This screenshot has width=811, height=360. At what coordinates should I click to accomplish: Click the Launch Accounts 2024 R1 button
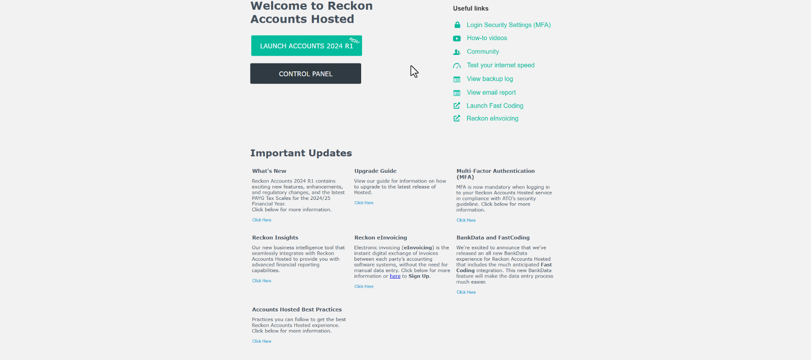click(306, 46)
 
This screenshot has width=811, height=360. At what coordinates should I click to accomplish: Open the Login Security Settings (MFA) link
click(508, 25)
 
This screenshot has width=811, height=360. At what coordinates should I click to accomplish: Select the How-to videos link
click(487, 38)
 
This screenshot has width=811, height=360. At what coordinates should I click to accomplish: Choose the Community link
click(483, 52)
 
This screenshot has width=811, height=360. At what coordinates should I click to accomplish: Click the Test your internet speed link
click(501, 65)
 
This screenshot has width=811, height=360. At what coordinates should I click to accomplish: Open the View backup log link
click(490, 79)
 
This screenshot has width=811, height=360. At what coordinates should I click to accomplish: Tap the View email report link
click(491, 93)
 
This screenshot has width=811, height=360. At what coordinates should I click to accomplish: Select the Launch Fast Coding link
click(495, 106)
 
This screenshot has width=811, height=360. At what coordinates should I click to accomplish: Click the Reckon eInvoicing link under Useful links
click(492, 119)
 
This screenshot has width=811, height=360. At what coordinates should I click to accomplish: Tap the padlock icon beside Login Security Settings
click(457, 25)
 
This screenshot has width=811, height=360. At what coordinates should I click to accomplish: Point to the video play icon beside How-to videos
click(457, 38)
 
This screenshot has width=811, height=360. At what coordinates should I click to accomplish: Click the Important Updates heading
click(301, 153)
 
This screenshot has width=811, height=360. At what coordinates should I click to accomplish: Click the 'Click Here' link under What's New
click(261, 220)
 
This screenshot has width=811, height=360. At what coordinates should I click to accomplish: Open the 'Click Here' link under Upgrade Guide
click(364, 203)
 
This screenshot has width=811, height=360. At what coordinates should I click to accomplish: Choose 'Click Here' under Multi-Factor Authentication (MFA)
click(466, 220)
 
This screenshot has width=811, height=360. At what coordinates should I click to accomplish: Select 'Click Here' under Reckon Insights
click(261, 281)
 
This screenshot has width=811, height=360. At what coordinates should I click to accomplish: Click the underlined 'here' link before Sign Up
click(395, 276)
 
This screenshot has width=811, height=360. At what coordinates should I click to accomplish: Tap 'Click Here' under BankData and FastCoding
click(466, 292)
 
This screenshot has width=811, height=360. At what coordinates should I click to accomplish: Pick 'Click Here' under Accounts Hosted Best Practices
click(261, 341)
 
